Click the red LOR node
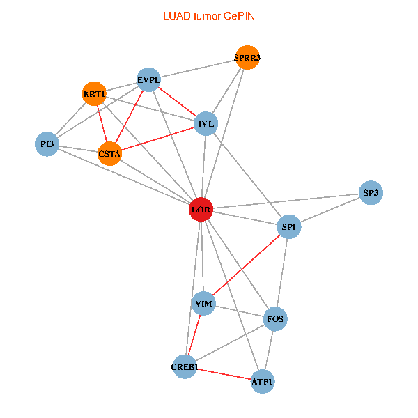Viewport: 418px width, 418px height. (201, 210)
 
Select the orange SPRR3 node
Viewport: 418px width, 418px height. (247, 59)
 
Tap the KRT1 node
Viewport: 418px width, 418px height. (94, 94)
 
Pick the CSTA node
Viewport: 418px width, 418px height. (109, 153)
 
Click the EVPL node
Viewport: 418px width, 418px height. (149, 80)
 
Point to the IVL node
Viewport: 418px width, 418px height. (206, 124)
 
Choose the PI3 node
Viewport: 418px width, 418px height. (47, 144)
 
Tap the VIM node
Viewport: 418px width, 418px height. (203, 304)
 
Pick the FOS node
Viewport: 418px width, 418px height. (275, 320)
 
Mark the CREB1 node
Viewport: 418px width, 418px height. (185, 366)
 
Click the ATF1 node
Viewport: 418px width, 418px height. (263, 382)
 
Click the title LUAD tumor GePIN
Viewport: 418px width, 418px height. (209, 15)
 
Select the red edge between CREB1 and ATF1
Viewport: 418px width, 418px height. (224, 374)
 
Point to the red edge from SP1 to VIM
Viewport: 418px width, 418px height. (246, 265)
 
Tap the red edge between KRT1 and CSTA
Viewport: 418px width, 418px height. (102, 124)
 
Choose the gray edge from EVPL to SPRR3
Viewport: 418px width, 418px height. (198, 70)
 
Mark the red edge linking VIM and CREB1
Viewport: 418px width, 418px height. (194, 335)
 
